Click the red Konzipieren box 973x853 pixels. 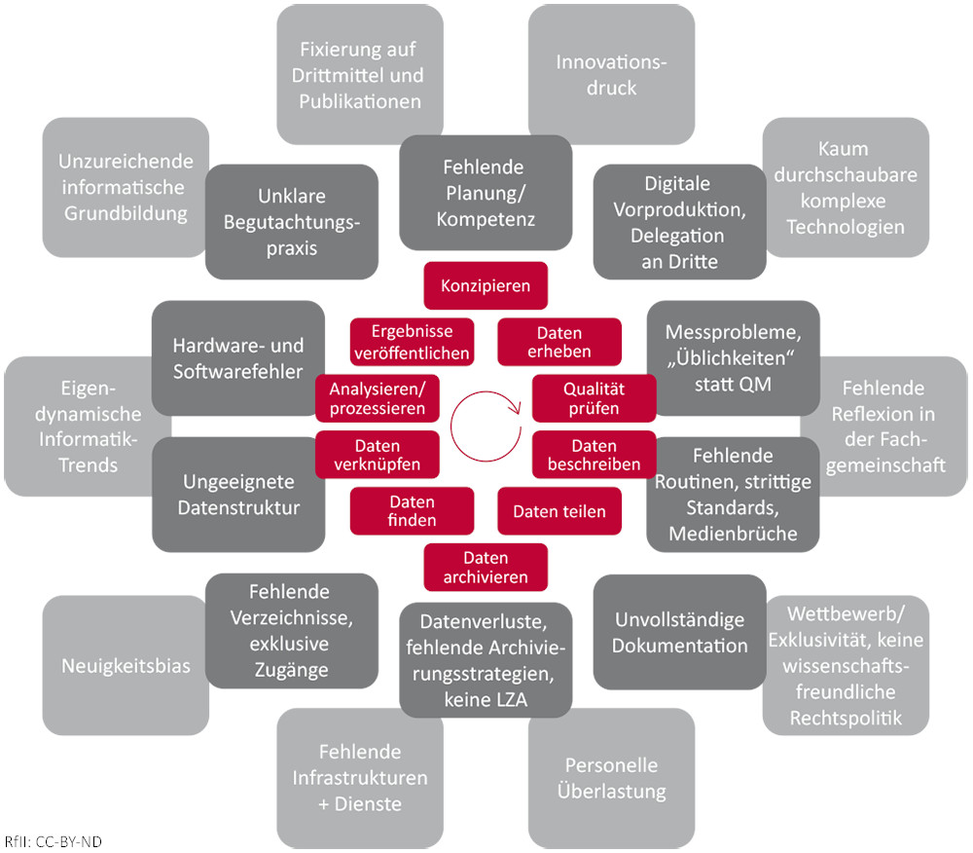pos(486,286)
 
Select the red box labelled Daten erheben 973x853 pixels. pos(559,343)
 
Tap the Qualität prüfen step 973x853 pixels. pos(594,398)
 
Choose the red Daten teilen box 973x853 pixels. pos(559,511)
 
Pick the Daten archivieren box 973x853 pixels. pos(486,568)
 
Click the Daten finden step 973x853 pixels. pos(412,511)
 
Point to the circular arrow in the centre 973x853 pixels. pos(486,416)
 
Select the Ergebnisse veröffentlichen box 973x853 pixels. pos(412,343)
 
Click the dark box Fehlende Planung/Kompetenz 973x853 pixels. pos(486,193)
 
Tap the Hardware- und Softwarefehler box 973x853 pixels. pos(238,358)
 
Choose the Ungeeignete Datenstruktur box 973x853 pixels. pos(238,495)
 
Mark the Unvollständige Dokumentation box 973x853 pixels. pos(680,632)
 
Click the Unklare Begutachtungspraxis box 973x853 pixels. pos(292,221)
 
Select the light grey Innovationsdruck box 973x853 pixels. pos(611,74)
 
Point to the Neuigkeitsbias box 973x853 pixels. pos(126,666)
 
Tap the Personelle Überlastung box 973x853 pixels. pos(611,777)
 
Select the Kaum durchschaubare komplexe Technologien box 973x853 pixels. pos(845,188)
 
